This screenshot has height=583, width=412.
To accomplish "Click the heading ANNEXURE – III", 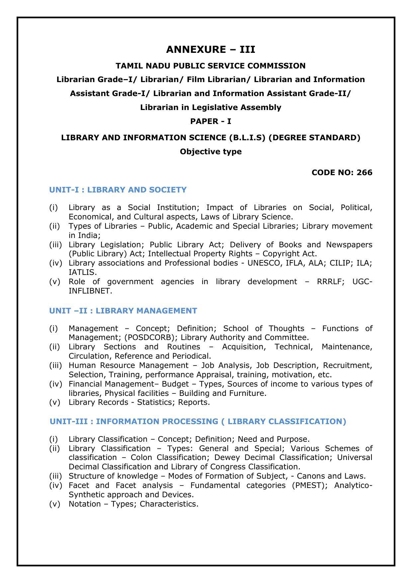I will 210,50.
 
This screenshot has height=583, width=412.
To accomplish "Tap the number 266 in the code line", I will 365,173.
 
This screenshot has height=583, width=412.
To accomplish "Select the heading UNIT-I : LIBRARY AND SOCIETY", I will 118,190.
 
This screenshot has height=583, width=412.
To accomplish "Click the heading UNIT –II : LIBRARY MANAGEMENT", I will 123,311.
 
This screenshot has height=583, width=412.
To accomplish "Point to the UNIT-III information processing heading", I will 198,421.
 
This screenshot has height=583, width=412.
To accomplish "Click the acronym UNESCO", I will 263,263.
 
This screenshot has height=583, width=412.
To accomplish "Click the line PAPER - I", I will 210,121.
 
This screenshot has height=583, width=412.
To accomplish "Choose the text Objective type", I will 210,152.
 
